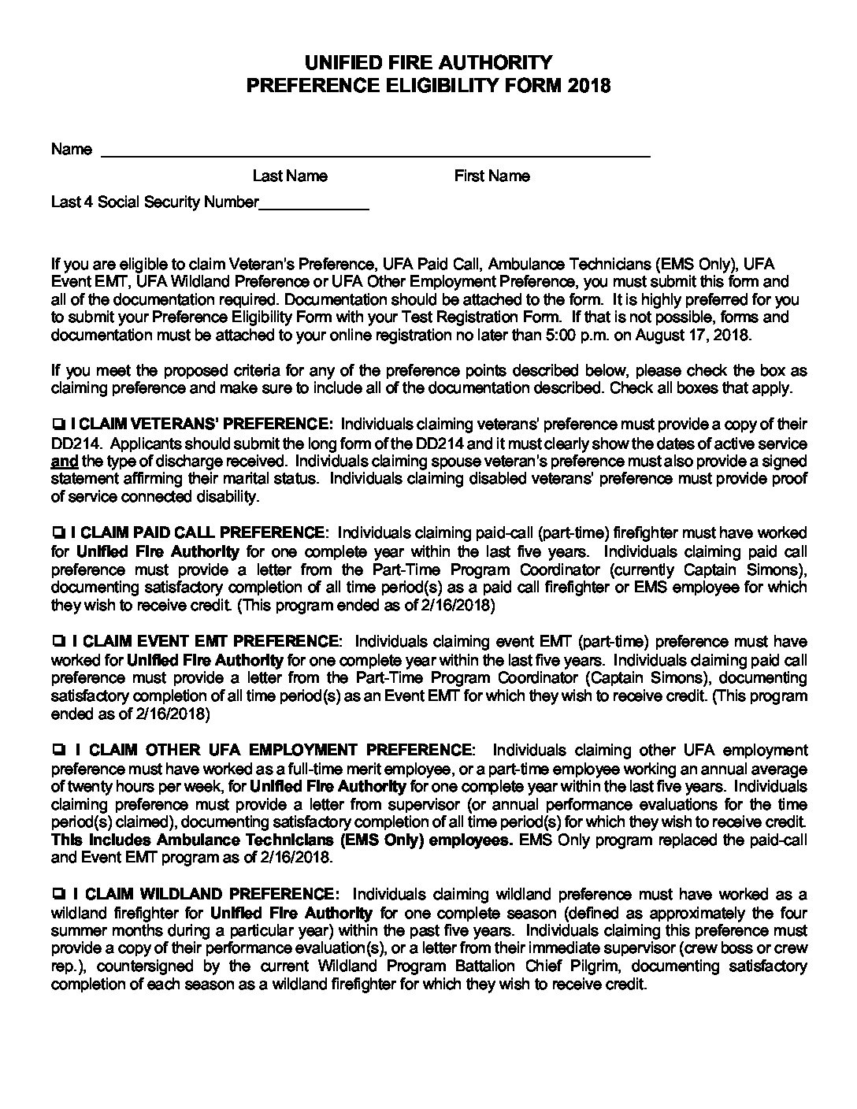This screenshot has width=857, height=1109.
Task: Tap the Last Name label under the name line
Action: [290, 176]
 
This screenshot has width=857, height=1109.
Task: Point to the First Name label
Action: [492, 176]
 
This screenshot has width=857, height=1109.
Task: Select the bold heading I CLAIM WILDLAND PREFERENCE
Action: [205, 895]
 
